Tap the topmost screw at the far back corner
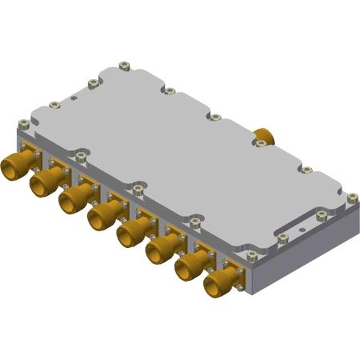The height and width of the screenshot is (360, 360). [124, 66]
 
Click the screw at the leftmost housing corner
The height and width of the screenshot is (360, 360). [23, 124]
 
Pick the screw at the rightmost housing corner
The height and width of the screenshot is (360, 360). [352, 198]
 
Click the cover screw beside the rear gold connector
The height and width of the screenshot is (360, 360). [260, 144]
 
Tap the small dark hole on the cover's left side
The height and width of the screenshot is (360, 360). [73, 98]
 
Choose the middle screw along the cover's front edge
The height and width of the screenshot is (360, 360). [138, 189]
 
